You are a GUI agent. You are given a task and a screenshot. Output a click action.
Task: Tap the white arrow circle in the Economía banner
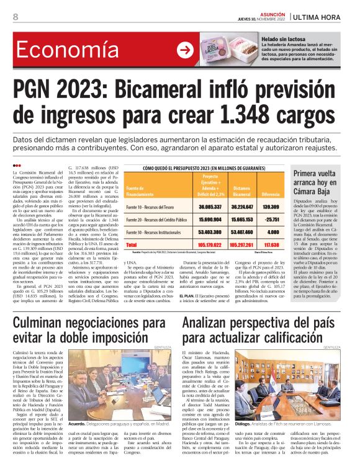tap(184, 50)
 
